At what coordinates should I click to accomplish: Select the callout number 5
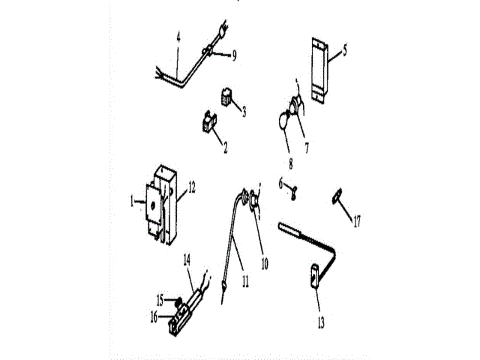click(345, 50)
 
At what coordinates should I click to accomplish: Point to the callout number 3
click(244, 112)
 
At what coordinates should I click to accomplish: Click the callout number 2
click(225, 147)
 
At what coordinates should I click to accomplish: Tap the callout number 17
click(358, 221)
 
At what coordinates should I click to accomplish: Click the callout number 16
click(154, 317)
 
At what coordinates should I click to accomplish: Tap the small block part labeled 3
click(225, 97)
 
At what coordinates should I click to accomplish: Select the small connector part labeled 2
click(207, 121)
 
